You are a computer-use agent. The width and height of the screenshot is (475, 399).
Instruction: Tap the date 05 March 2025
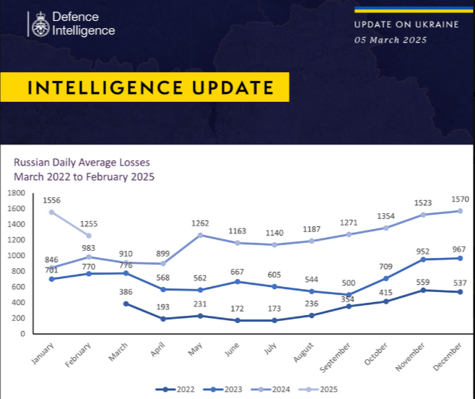[x=390, y=40]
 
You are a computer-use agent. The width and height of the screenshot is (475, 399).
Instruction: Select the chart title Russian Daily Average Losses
[x=82, y=163]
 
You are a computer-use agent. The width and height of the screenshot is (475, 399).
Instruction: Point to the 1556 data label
[x=51, y=199]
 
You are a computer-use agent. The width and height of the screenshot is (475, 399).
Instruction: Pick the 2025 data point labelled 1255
[x=89, y=236]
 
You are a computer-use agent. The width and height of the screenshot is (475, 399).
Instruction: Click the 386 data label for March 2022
[x=127, y=291]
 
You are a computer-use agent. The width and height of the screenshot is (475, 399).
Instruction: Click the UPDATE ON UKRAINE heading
[x=406, y=24]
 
